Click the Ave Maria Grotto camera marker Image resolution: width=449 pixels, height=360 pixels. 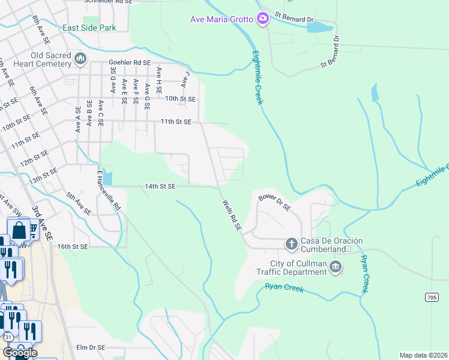(262, 19)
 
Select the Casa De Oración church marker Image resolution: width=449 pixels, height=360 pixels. (291, 244)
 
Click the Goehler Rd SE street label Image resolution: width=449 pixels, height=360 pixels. (129, 62)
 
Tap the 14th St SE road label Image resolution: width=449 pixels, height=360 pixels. (160, 187)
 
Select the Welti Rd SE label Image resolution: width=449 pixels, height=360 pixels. (231, 215)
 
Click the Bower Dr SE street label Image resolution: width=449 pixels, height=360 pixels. (274, 203)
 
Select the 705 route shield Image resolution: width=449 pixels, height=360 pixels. (432, 297)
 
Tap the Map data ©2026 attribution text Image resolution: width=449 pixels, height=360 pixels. (423, 355)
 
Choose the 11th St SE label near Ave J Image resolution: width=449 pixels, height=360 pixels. (175, 122)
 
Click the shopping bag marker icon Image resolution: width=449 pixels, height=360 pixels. (19, 230)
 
